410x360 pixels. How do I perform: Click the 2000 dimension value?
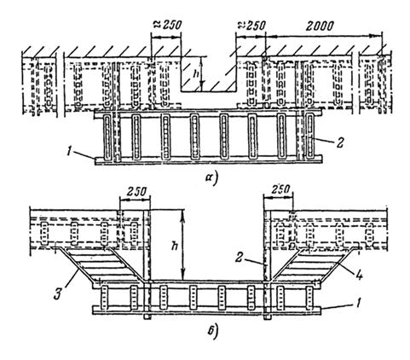(319, 26)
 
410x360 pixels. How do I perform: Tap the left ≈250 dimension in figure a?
(167, 25)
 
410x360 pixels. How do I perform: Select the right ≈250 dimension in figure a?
(251, 26)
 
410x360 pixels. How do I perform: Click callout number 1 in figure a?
(69, 149)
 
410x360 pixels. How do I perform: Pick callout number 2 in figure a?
(339, 142)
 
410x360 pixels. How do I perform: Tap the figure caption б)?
(212, 332)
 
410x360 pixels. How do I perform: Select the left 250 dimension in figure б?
(136, 192)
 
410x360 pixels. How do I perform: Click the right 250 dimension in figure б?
(280, 189)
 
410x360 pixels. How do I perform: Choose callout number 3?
(59, 293)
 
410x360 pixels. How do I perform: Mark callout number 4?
(359, 275)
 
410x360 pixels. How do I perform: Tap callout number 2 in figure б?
(240, 258)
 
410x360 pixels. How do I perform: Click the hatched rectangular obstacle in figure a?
(209, 73)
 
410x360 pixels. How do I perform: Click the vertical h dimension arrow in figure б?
(183, 245)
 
